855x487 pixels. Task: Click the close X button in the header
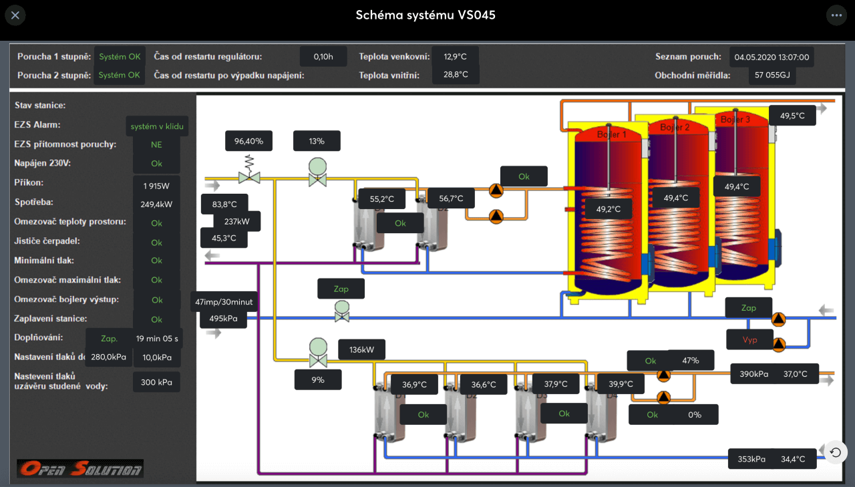(15, 15)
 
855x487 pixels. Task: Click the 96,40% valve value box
(248, 141)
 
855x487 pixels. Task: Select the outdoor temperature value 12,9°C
(454, 57)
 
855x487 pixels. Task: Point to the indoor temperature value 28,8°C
(454, 75)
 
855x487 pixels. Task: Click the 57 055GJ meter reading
(772, 75)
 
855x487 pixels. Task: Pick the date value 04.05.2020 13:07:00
(772, 57)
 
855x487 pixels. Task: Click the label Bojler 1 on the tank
(611, 134)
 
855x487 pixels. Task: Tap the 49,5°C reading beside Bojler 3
(792, 116)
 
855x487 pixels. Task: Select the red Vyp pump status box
(749, 339)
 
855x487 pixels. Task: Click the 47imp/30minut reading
(224, 302)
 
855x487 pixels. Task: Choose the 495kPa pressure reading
(223, 319)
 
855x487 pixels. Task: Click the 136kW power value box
(361, 349)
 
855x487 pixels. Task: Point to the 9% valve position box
(318, 379)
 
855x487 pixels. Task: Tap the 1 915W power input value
(156, 186)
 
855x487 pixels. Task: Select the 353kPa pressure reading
(751, 459)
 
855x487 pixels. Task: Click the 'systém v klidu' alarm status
(157, 126)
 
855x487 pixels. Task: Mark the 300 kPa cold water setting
(157, 382)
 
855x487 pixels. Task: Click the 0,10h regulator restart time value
(323, 57)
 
